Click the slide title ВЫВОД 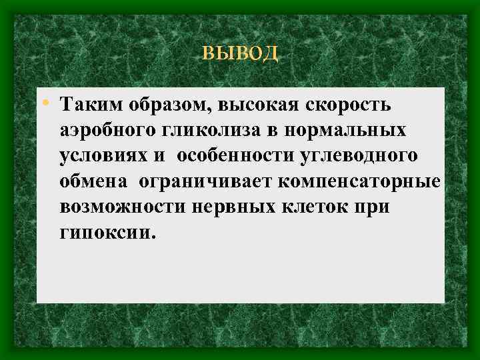pyautogui.click(x=240, y=53)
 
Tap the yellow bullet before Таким pyautogui.click(x=45, y=103)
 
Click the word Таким pyautogui.click(x=83, y=105)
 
